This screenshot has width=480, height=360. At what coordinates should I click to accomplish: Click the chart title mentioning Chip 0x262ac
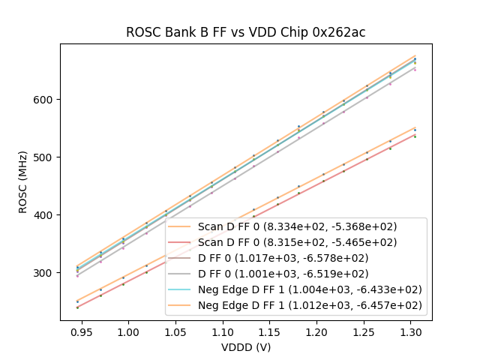coord(245,32)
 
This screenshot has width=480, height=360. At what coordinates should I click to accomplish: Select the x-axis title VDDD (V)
coord(245,347)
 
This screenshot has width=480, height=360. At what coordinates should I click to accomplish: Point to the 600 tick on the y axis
coord(44,100)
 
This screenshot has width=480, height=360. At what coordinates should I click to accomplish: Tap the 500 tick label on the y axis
coord(44,157)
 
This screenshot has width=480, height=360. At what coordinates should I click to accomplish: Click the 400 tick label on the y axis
coord(44,215)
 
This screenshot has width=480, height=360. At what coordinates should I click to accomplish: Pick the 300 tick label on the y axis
coord(44,273)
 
